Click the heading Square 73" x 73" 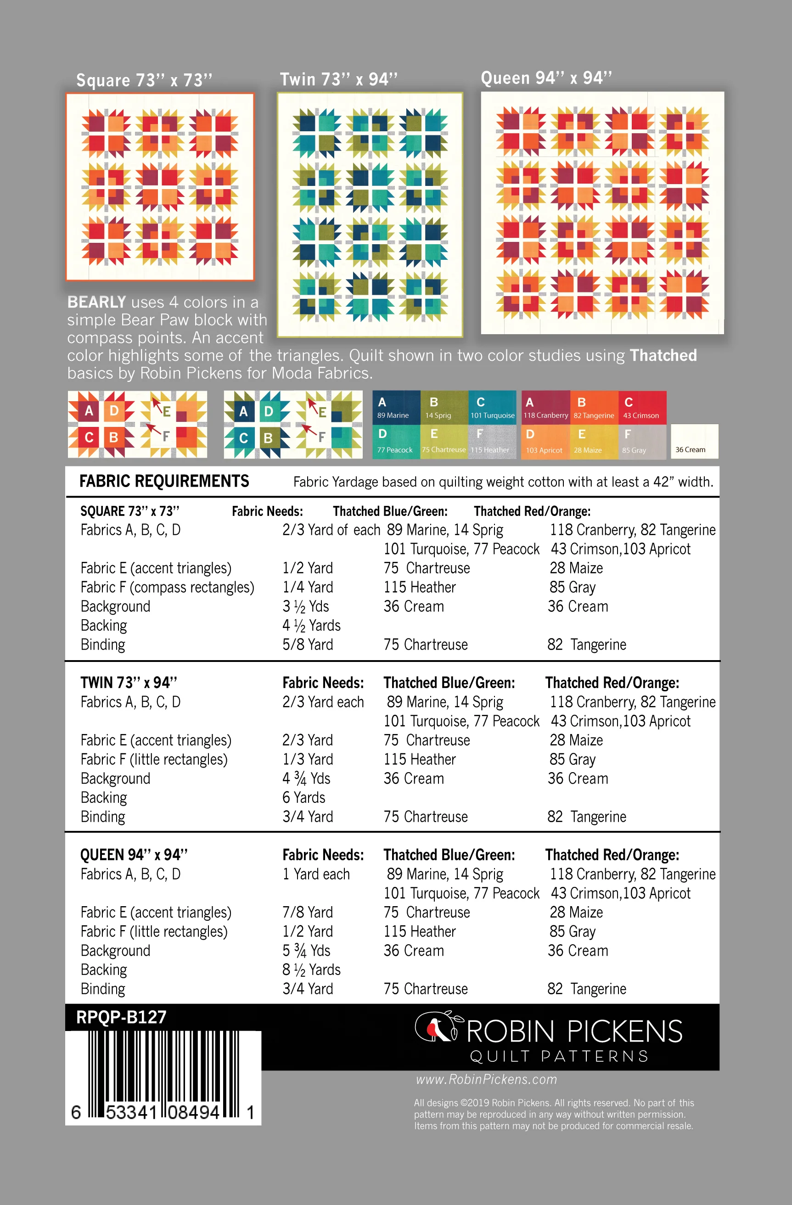click(x=144, y=80)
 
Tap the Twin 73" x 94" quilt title click(x=338, y=79)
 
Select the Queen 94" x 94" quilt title click(x=546, y=78)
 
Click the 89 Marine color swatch click(x=396, y=407)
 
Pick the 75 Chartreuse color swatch click(x=444, y=442)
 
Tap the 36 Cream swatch click(x=694, y=442)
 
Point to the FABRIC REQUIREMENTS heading click(x=164, y=481)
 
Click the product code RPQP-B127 click(x=121, y=1017)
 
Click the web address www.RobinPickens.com click(x=486, y=1079)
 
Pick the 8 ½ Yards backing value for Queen click(x=311, y=970)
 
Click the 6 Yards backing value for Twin click(x=304, y=797)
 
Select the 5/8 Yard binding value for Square click(x=307, y=645)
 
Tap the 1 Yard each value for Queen click(x=316, y=874)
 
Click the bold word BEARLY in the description click(x=96, y=302)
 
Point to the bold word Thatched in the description click(x=663, y=355)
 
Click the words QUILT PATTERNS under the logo click(x=559, y=1056)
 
